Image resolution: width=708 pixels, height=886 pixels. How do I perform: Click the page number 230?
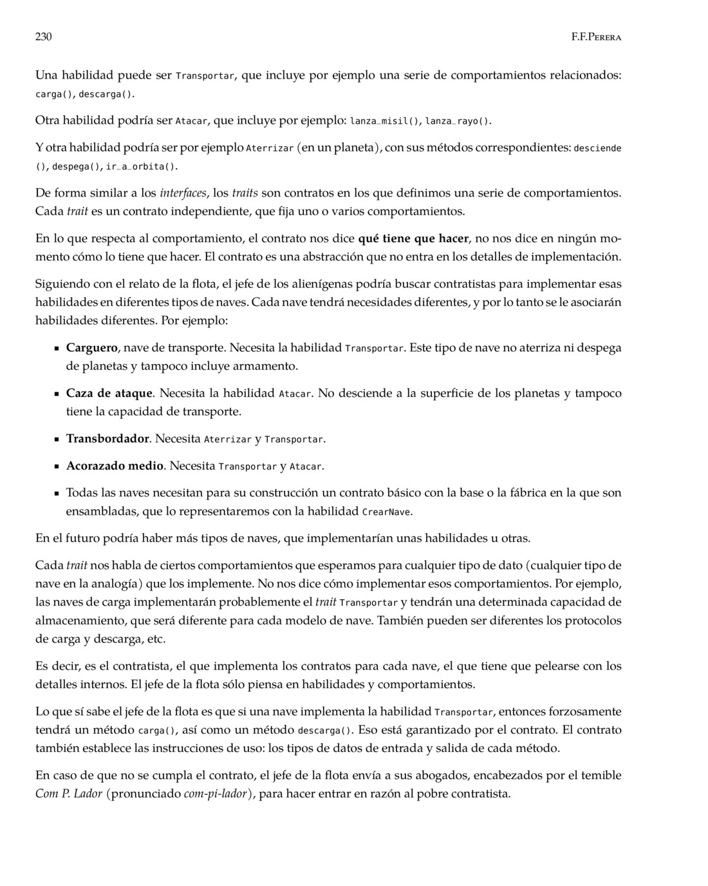click(x=43, y=37)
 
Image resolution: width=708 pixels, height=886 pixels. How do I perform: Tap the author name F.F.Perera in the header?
click(x=596, y=37)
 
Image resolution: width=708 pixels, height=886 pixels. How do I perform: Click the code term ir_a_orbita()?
click(x=141, y=167)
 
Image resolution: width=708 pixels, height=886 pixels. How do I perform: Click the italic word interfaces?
click(x=183, y=193)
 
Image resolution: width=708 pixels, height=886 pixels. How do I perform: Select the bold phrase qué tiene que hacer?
click(x=413, y=238)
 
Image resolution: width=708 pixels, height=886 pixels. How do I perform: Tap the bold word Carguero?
click(x=92, y=348)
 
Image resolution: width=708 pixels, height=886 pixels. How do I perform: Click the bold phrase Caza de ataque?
click(x=109, y=393)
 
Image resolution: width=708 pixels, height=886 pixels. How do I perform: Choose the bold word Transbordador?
click(x=107, y=439)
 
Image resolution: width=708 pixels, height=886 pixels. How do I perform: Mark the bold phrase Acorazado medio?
click(x=115, y=465)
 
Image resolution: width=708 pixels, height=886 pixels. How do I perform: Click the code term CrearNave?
click(x=387, y=512)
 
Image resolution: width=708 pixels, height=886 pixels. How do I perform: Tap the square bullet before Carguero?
click(x=57, y=349)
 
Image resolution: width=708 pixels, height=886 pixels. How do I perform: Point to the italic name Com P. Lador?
click(x=69, y=793)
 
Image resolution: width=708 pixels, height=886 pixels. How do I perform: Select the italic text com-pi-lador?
click(x=216, y=793)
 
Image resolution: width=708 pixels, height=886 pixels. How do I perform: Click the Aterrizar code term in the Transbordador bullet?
click(x=227, y=439)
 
